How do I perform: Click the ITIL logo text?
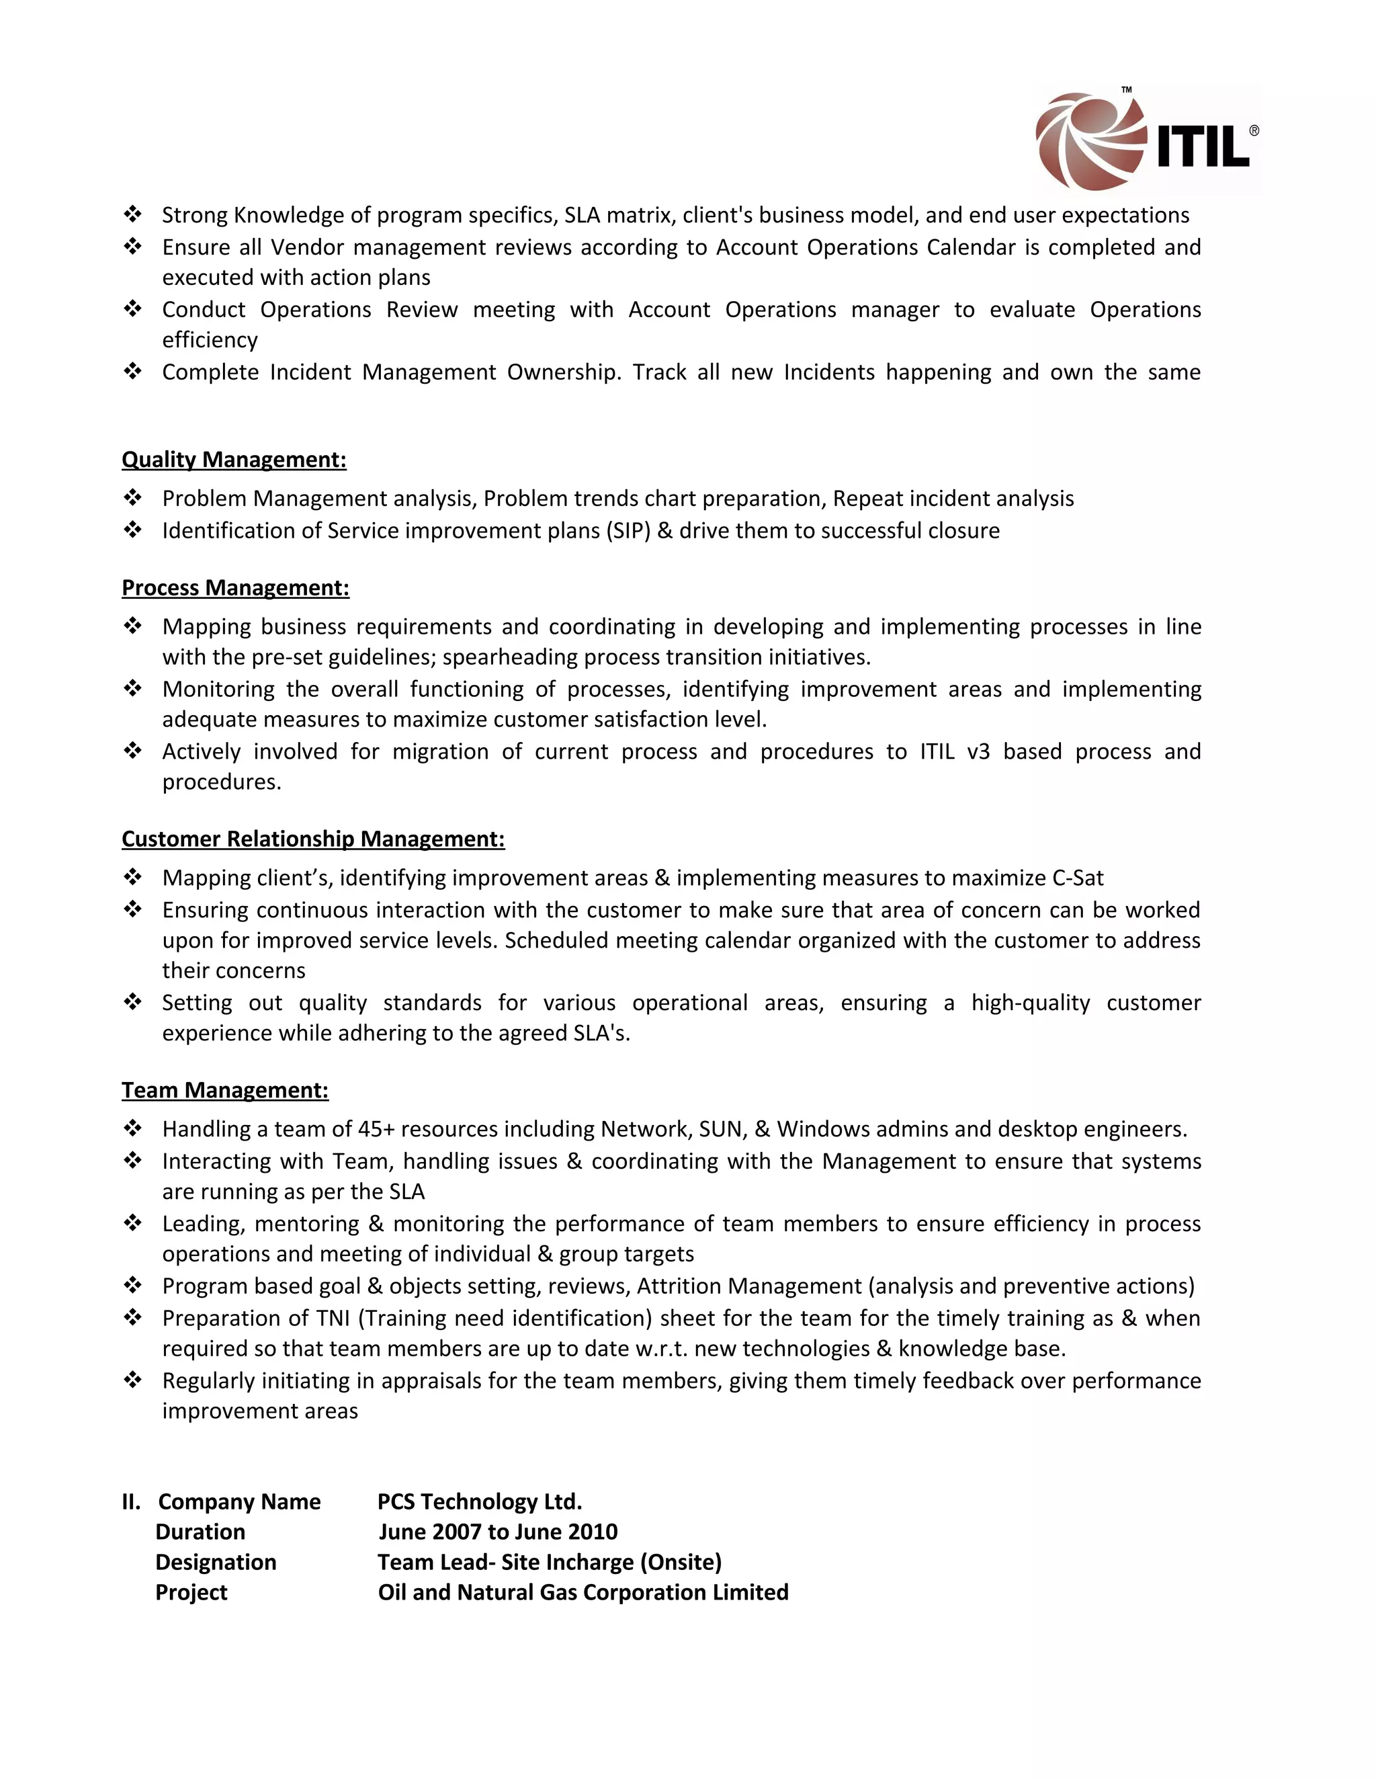click(1203, 145)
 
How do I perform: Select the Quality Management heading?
click(234, 460)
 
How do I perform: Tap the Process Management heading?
click(236, 588)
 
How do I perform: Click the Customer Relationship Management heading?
click(313, 839)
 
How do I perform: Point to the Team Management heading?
click(225, 1090)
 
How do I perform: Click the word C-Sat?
click(1078, 878)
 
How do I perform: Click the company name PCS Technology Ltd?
click(479, 1501)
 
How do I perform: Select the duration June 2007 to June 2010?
click(497, 1532)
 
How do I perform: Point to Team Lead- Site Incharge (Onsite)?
click(550, 1562)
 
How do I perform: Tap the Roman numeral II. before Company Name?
click(130, 1501)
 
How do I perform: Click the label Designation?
click(216, 1562)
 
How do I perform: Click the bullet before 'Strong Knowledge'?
click(133, 214)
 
